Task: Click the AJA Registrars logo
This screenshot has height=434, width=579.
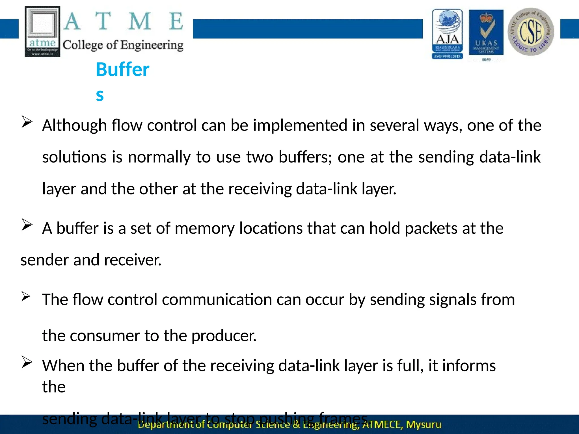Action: coord(447,34)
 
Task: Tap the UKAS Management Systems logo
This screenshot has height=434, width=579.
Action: coord(486,32)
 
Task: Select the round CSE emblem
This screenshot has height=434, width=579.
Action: coord(531,32)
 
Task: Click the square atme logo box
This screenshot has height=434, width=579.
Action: coord(42,32)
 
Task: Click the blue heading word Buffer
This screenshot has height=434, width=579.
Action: coord(122,70)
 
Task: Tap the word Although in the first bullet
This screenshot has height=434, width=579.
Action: coord(74,125)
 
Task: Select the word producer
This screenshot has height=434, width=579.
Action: coord(224,336)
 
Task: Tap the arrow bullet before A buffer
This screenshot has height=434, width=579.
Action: coord(27,225)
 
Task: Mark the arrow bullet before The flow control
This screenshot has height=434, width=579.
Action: coord(26,296)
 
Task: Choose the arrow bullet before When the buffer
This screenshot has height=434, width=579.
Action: coord(27,363)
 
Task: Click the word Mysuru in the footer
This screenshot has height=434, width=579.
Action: coord(423,424)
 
